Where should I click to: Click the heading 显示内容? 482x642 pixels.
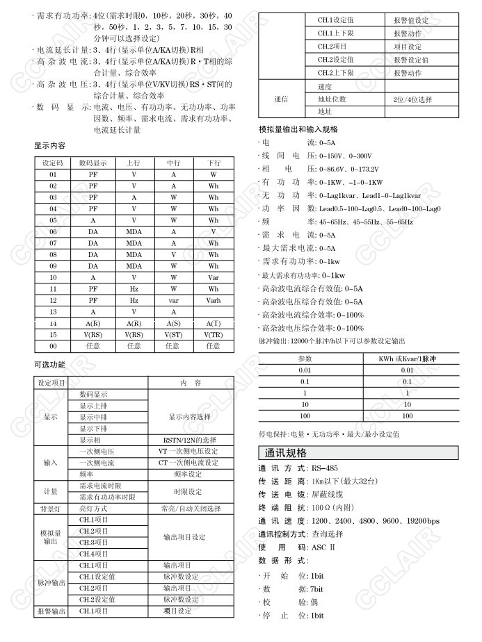point(50,146)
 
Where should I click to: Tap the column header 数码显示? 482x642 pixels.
point(93,163)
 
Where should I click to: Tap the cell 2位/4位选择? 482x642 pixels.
point(412,99)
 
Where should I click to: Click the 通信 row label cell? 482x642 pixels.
point(281,99)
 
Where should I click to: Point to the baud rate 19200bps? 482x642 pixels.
point(423,521)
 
